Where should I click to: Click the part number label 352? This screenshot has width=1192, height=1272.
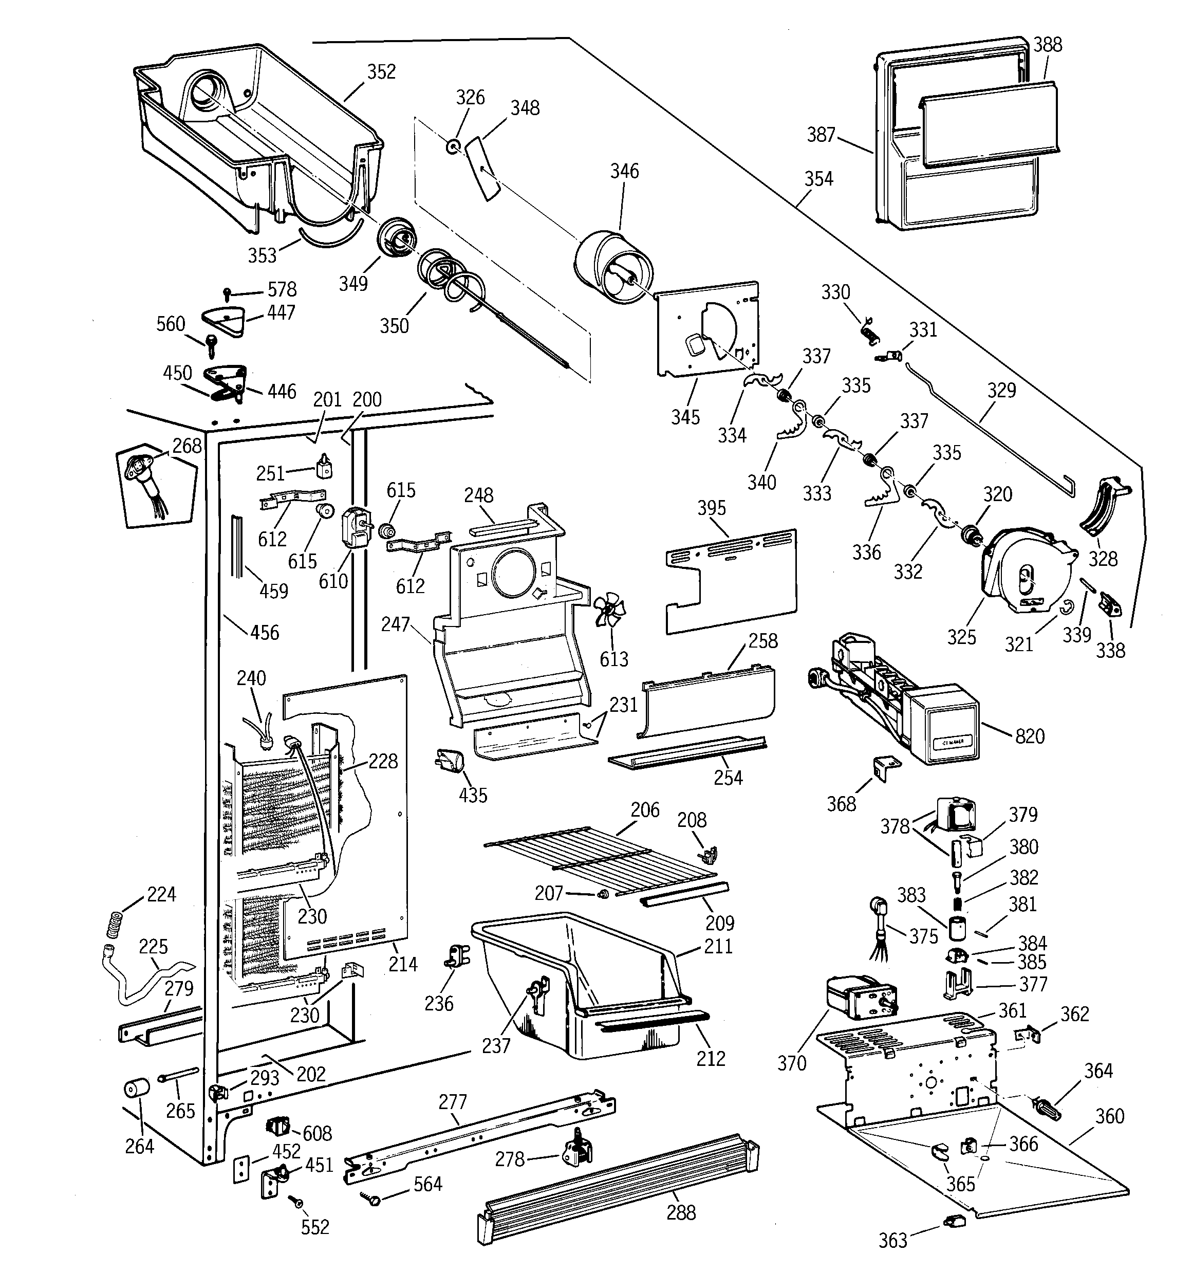[381, 71]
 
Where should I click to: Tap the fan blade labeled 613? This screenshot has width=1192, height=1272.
[610, 612]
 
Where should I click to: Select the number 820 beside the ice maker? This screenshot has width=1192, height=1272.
[1030, 736]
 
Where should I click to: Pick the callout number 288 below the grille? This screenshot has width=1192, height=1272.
[680, 1212]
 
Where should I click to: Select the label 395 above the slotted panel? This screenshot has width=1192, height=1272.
[712, 508]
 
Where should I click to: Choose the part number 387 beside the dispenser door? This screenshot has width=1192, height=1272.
[821, 134]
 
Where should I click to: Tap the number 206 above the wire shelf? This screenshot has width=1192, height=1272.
[644, 809]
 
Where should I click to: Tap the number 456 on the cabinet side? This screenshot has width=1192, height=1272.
[264, 632]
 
